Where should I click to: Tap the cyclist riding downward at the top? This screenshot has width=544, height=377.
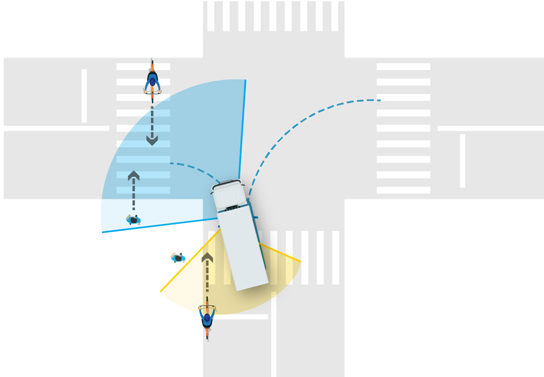(x=153, y=82)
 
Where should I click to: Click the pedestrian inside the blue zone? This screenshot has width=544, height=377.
(x=134, y=220)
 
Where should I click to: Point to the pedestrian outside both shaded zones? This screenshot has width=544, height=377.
(x=179, y=258)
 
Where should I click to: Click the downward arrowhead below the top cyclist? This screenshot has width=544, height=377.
(x=152, y=140)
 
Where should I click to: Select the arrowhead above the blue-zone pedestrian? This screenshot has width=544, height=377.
(x=134, y=175)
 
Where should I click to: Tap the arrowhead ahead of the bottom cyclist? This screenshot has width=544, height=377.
(x=207, y=257)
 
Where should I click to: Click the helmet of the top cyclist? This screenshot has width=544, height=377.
(x=153, y=82)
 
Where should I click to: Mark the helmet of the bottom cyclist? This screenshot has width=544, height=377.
(x=207, y=318)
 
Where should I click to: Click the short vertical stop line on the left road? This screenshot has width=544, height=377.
(x=84, y=96)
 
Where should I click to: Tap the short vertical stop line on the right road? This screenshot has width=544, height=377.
(x=462, y=161)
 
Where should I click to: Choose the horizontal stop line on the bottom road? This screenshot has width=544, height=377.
(x=240, y=317)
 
